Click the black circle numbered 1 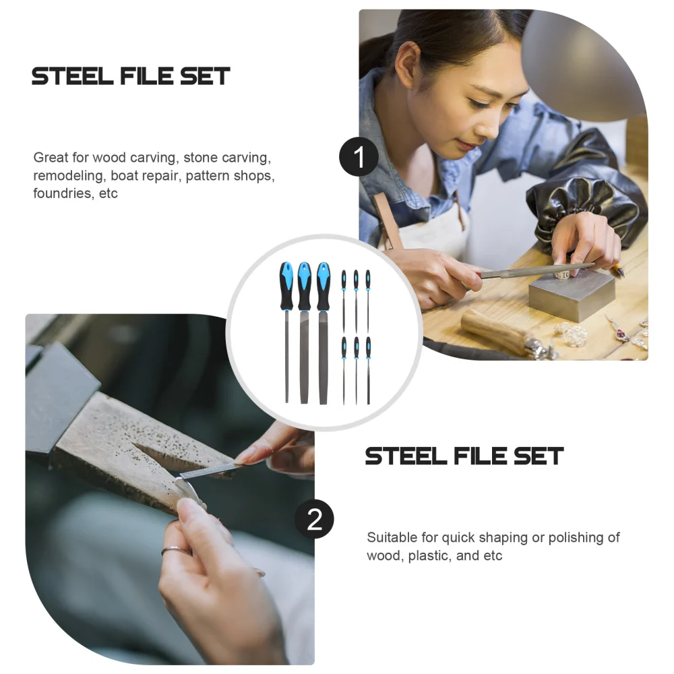[359, 157]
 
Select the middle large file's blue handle [305, 283]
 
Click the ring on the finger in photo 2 [175, 551]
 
